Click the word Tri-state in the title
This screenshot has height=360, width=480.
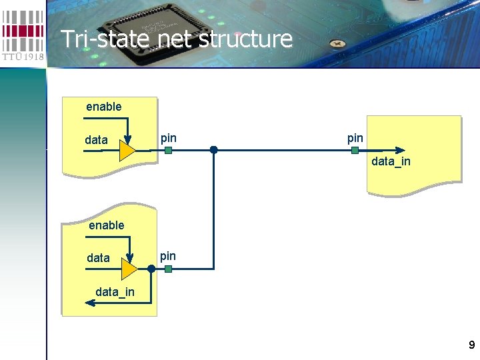99,39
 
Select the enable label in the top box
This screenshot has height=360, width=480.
104,107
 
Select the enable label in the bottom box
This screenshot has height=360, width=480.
107,225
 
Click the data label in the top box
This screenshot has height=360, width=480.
97,140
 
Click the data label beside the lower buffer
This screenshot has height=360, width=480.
99,257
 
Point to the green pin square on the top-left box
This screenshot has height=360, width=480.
168,151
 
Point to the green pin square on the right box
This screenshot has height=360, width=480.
355,151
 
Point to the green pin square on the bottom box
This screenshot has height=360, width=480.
168,269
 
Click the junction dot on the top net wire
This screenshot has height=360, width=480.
213,150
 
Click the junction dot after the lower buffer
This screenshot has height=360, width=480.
151,269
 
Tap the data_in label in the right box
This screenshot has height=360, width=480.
391,161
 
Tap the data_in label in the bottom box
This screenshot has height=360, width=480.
115,291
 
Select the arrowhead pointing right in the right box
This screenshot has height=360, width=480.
399,151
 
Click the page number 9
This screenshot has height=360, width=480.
472,345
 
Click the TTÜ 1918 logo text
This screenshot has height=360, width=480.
23,57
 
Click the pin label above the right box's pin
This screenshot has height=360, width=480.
355,138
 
